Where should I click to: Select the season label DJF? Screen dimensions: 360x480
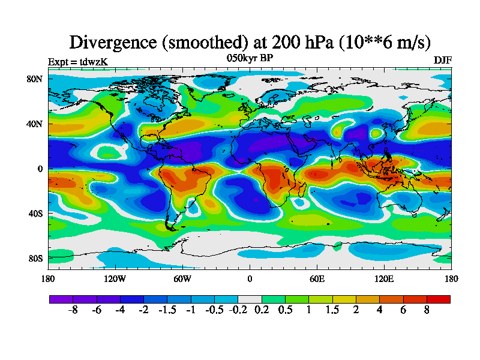click(443, 61)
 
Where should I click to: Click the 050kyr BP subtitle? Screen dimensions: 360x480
click(250, 58)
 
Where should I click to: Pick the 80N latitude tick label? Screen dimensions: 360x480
click(35, 79)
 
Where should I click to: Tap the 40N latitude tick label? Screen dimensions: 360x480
click(35, 124)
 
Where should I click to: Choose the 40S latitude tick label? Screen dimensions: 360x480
click(35, 213)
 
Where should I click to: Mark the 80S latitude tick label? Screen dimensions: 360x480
click(35, 258)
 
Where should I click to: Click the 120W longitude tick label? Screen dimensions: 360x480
click(115, 278)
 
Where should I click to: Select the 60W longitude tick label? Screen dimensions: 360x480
click(182, 278)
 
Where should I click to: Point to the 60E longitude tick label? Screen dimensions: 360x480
click(317, 278)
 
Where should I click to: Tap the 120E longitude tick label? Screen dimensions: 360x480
click(384, 278)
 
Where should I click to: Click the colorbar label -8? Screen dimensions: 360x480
click(73, 311)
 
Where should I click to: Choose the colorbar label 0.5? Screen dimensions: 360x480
click(285, 311)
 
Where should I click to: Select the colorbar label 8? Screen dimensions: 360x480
click(427, 311)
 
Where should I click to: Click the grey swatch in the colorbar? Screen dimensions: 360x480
click(250, 299)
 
